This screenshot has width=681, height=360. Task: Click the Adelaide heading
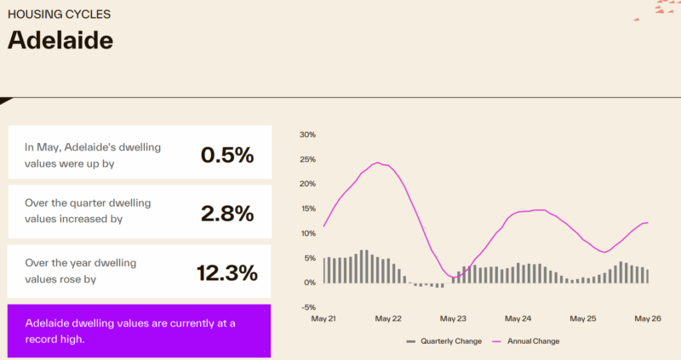coord(60,40)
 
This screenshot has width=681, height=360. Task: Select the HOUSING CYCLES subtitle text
coord(59,14)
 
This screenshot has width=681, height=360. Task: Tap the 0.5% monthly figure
coord(227,155)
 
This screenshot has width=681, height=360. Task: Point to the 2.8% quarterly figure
coord(227,214)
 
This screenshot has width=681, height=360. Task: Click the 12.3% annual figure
coord(227,272)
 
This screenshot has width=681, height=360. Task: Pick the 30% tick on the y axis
coord(307,134)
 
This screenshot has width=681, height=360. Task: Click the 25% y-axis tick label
coord(307,159)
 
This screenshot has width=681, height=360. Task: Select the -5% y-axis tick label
coord(309,307)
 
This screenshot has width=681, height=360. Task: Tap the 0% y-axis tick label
coord(310,283)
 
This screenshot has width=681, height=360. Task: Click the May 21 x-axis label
coord(323,319)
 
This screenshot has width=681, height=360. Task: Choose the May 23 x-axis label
coord(453,319)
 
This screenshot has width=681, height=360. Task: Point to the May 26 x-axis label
coord(648,319)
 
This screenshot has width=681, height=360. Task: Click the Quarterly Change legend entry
coord(444,341)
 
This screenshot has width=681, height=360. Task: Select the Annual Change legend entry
coord(526,341)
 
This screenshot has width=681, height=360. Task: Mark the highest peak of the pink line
coord(377,163)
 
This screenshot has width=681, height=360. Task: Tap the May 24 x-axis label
coord(518,319)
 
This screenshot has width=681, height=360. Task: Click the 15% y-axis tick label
coord(307,209)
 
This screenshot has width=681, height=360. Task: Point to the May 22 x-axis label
coord(388,319)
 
